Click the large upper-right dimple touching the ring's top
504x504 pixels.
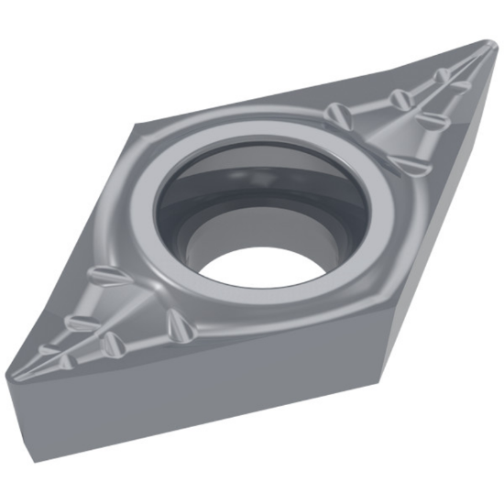(336, 115)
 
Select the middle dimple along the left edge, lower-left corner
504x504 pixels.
(80, 322)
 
